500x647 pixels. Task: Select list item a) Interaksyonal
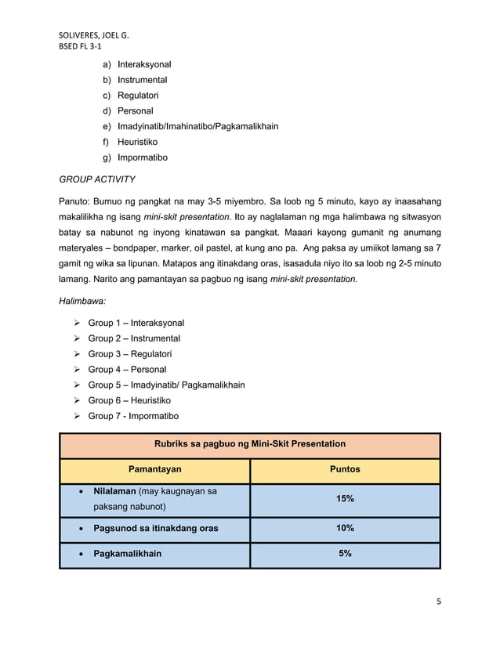point(137,64)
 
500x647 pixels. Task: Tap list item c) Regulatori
point(133,96)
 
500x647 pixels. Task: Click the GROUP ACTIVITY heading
point(97,179)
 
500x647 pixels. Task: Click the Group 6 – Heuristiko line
point(129,400)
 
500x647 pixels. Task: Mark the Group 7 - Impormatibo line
point(133,416)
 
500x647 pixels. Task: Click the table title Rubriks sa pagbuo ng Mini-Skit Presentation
point(249,444)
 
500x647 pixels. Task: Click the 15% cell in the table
point(345,499)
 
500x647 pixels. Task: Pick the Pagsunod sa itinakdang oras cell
point(156,528)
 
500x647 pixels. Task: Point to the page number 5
point(439,602)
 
